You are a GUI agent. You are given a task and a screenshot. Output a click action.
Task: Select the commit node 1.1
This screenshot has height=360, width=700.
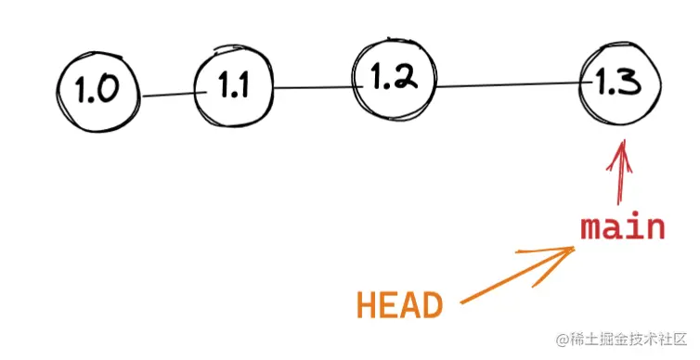[234, 87]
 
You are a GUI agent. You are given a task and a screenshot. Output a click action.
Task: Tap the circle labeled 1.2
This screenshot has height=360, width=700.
[395, 80]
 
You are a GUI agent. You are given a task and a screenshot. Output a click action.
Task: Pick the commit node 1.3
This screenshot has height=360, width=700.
[619, 84]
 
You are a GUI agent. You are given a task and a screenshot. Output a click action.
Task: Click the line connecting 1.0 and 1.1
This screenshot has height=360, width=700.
[168, 92]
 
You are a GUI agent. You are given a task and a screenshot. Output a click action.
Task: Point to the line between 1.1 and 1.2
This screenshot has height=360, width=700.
[314, 88]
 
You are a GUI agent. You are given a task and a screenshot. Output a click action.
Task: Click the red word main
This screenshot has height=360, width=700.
[623, 227]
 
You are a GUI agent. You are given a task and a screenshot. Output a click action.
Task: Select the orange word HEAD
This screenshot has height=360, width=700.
[399, 305]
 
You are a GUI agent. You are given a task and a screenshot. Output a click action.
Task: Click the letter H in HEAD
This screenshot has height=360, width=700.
[367, 305]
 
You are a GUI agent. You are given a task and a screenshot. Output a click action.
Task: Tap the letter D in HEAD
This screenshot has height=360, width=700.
[432, 305]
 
